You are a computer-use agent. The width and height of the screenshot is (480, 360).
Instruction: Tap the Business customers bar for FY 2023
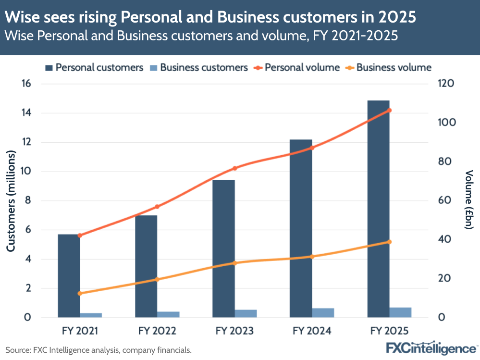pyautogui.click(x=246, y=313)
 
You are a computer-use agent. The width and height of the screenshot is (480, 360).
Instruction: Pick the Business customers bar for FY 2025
pyautogui.click(x=400, y=312)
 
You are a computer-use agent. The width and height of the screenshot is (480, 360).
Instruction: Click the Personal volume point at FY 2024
pyautogui.click(x=312, y=148)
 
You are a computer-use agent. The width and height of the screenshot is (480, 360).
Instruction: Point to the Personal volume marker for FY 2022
pyautogui.click(x=157, y=207)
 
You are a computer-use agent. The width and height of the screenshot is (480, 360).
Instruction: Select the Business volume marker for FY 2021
pyautogui.click(x=80, y=293)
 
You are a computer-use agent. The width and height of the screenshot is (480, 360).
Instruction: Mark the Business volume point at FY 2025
pyautogui.click(x=390, y=242)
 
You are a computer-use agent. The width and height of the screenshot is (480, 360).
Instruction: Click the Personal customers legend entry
pyautogui.click(x=94, y=67)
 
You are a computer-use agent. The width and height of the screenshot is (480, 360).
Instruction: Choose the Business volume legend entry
pyautogui.click(x=388, y=67)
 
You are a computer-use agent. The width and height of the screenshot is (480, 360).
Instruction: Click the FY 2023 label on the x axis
pyautogui.click(x=234, y=331)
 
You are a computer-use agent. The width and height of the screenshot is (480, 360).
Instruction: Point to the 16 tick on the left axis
pyautogui.click(x=25, y=84)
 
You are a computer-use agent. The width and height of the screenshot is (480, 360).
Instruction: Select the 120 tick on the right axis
pyautogui.click(x=445, y=84)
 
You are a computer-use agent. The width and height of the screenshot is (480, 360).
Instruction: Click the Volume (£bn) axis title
pyautogui.click(x=469, y=200)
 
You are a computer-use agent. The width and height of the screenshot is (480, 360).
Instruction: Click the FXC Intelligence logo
pyautogui.click(x=431, y=348)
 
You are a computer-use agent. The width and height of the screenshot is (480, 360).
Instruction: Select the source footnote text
pyautogui.click(x=98, y=350)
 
